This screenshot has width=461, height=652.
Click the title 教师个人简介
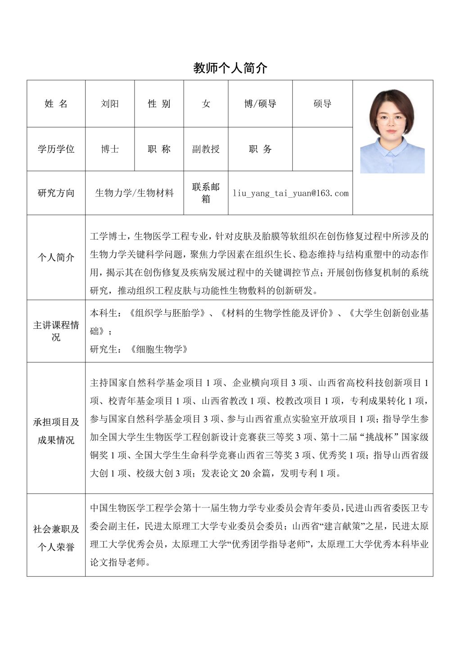tap(230, 68)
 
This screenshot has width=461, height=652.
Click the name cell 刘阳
tap(110, 104)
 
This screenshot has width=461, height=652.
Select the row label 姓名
tap(56, 104)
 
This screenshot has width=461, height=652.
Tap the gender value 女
tap(206, 104)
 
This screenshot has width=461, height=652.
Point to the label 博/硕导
tap(260, 104)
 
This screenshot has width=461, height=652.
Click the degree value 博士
tap(110, 149)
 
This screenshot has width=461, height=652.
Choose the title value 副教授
tap(206, 149)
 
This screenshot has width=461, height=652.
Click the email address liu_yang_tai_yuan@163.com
tap(290, 193)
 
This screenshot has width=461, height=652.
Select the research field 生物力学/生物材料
tap(134, 193)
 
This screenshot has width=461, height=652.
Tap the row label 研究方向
tap(56, 193)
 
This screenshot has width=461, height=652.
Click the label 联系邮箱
tap(206, 193)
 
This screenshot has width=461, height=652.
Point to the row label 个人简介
tap(56, 258)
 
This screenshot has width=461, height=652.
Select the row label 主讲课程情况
tap(56, 331)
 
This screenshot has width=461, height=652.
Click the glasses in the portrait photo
tap(391, 120)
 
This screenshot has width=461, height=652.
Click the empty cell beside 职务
tap(322, 149)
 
